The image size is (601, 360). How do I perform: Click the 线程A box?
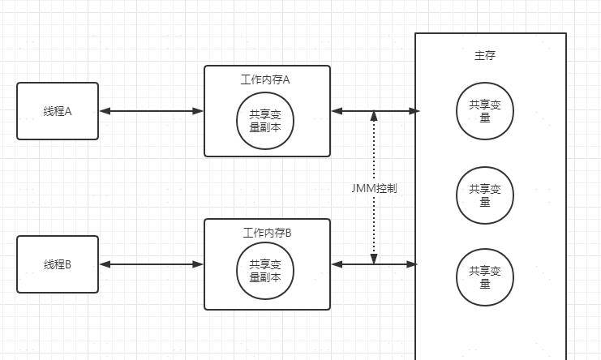point(58,111)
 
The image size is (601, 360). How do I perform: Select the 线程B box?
point(58,264)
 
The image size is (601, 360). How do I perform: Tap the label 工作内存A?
point(265,79)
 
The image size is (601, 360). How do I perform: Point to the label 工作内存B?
point(267,233)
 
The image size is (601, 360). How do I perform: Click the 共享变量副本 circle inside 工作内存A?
point(265,120)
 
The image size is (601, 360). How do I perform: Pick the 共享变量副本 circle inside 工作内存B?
point(265,271)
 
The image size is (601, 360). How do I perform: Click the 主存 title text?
point(484,56)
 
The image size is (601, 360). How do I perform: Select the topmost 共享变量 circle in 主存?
point(485,111)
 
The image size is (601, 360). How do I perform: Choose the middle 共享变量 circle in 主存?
point(485,195)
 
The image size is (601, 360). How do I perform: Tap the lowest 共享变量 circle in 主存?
point(485,277)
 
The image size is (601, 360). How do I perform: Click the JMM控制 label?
point(374,187)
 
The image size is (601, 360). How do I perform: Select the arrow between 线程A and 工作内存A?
point(151,111)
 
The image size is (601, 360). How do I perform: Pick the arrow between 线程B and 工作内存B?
point(151,264)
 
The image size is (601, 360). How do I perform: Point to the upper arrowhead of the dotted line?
point(374,117)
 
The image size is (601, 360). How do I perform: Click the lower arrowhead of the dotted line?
point(374,259)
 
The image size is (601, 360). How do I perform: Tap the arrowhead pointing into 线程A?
point(104,111)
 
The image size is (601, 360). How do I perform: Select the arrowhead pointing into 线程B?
point(104,264)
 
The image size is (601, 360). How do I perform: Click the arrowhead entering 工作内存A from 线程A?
point(198,111)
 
